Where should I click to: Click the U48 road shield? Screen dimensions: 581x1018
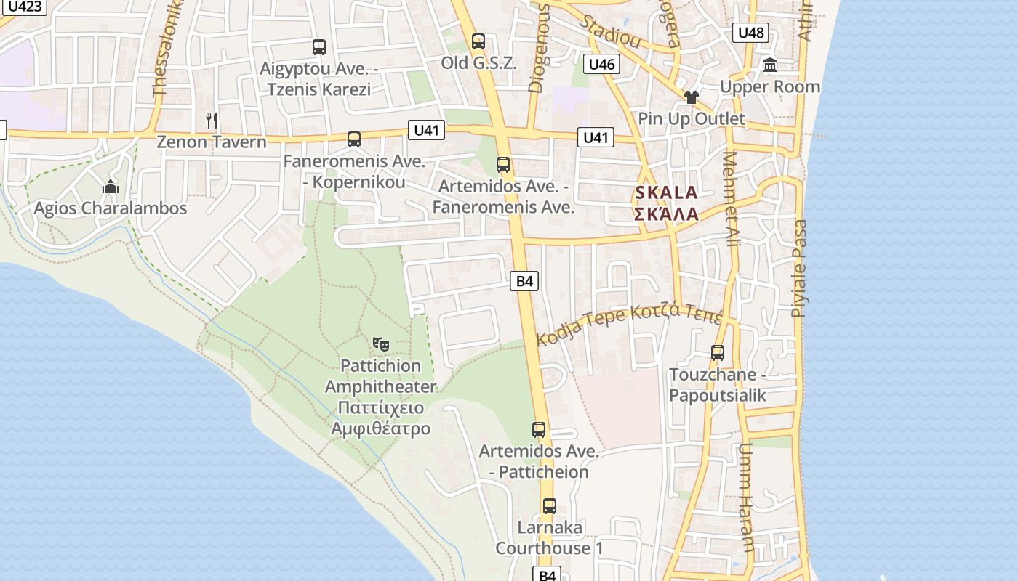point(750,33)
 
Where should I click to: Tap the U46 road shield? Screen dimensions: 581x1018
point(601,65)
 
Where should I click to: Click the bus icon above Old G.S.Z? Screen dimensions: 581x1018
point(478,41)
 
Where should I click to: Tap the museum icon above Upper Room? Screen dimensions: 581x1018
point(770,66)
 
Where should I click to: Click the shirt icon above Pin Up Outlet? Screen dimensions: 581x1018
point(691,97)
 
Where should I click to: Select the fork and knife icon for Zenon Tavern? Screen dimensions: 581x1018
point(212,120)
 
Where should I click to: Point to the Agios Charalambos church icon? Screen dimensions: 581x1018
point(111,187)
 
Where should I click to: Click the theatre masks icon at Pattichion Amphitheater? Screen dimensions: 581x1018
point(380,344)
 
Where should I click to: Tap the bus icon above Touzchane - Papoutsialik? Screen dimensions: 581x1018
point(718,354)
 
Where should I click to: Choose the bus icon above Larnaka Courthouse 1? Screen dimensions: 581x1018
point(550,506)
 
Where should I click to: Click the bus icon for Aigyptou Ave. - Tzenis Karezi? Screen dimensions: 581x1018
point(318,47)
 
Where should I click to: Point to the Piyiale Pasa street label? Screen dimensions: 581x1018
point(799,269)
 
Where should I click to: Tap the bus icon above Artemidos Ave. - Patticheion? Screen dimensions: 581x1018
point(538,430)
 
